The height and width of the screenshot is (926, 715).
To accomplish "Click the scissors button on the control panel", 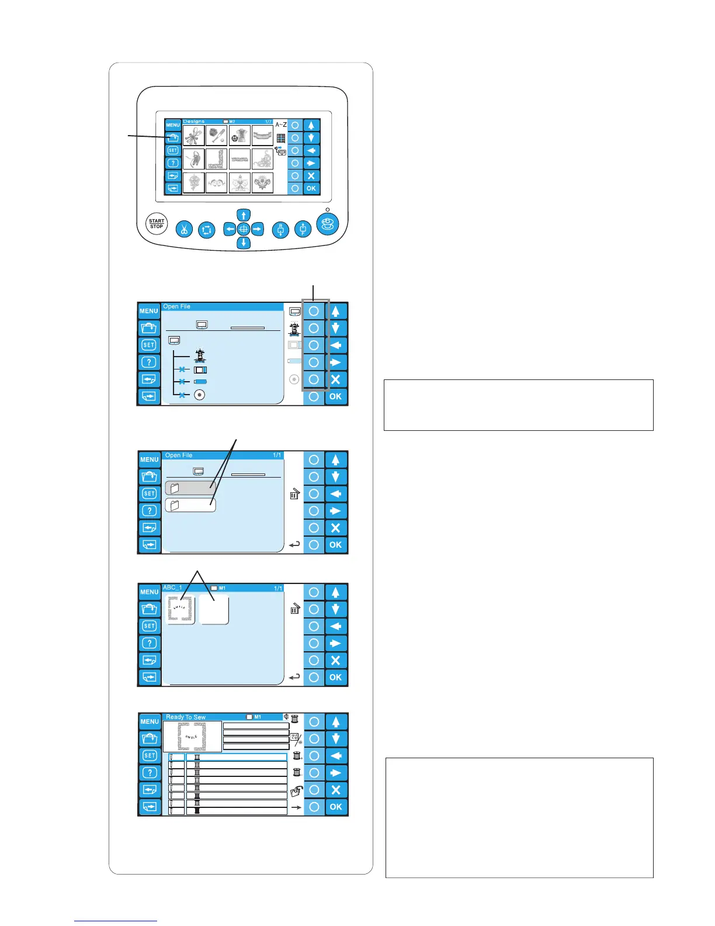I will click(184, 229).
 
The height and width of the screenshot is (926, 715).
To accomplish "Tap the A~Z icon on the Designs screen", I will click(280, 125).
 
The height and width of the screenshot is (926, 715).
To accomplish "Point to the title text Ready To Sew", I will click(186, 717).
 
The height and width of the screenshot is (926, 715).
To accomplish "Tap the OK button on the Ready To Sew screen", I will click(335, 807).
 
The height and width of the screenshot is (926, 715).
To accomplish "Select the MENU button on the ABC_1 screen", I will click(150, 592).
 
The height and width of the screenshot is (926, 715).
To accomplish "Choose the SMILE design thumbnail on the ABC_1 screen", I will click(181, 610).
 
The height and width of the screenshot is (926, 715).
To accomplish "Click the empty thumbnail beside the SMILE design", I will click(214, 610).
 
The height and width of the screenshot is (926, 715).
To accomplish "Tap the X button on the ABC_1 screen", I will click(335, 661).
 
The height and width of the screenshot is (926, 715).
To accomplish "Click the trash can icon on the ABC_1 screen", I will click(295, 609).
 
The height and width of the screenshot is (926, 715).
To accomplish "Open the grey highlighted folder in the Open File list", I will click(190, 488).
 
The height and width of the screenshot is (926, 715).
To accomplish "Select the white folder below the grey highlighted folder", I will click(190, 505).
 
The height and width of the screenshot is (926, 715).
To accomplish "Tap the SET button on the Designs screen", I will click(173, 150).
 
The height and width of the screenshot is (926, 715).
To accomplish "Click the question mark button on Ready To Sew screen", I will click(150, 773).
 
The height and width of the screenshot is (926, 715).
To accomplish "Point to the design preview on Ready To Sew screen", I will click(192, 737).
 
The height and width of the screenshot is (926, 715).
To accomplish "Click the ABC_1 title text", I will click(173, 588).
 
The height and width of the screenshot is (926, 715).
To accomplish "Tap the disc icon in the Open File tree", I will click(200, 395).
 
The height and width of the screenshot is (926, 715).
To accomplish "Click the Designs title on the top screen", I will click(194, 122).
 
